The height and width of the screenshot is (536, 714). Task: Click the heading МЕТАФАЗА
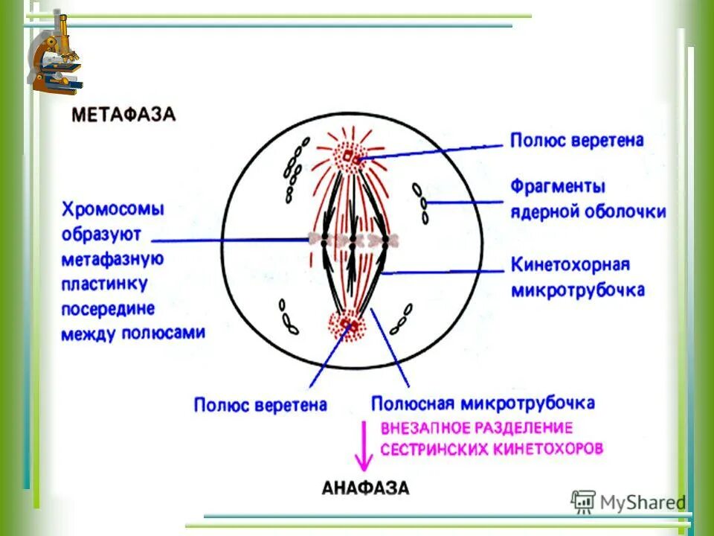123,115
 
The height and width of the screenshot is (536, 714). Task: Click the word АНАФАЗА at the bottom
365,488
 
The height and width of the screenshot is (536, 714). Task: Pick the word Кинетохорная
570,264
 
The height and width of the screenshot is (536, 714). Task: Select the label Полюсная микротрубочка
483,403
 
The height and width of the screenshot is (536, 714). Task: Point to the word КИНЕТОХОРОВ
547,449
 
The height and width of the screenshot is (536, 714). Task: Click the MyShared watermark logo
628,502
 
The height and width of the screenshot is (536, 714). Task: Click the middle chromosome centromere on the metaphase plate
353,240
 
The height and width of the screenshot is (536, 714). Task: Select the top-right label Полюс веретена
576,140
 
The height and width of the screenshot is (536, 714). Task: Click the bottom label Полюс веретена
260,405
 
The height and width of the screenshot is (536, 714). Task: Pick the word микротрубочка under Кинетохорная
578,290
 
